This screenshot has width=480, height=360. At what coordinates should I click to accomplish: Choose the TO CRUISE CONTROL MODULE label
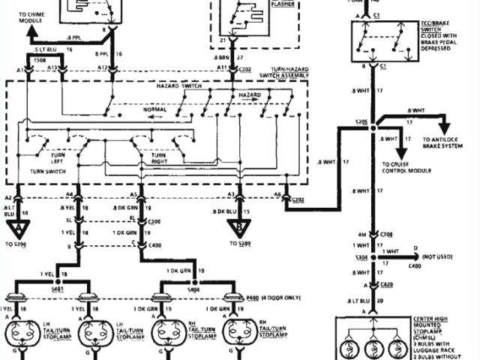[406, 167]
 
